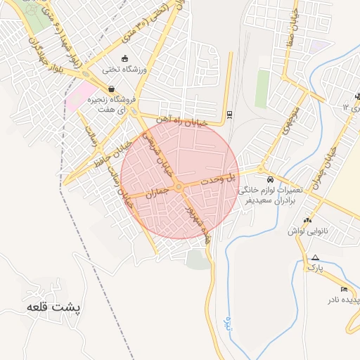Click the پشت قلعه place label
tap(55, 308)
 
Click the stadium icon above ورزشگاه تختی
tap(124, 58)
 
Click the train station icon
tap(230, 114)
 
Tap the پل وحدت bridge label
tap(219, 179)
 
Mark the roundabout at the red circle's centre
tap(180, 186)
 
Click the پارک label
tap(316, 268)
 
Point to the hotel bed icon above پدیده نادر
tap(344, 289)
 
